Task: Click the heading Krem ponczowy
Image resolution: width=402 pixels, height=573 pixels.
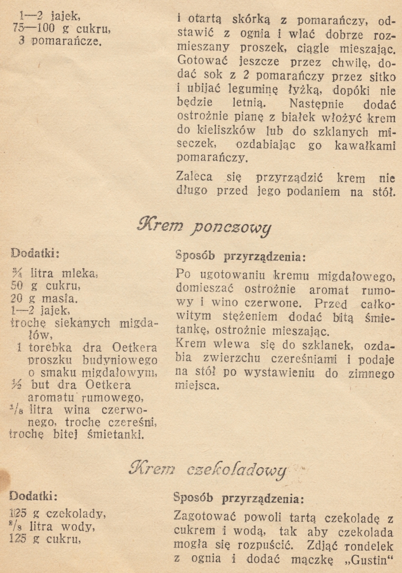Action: pyautogui.click(x=203, y=225)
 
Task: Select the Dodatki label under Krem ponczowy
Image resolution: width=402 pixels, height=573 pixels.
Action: pyautogui.click(x=35, y=252)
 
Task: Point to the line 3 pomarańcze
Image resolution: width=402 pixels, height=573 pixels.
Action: pyautogui.click(x=59, y=41)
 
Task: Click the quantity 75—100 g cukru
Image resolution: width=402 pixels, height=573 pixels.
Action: pyautogui.click(x=61, y=29)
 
